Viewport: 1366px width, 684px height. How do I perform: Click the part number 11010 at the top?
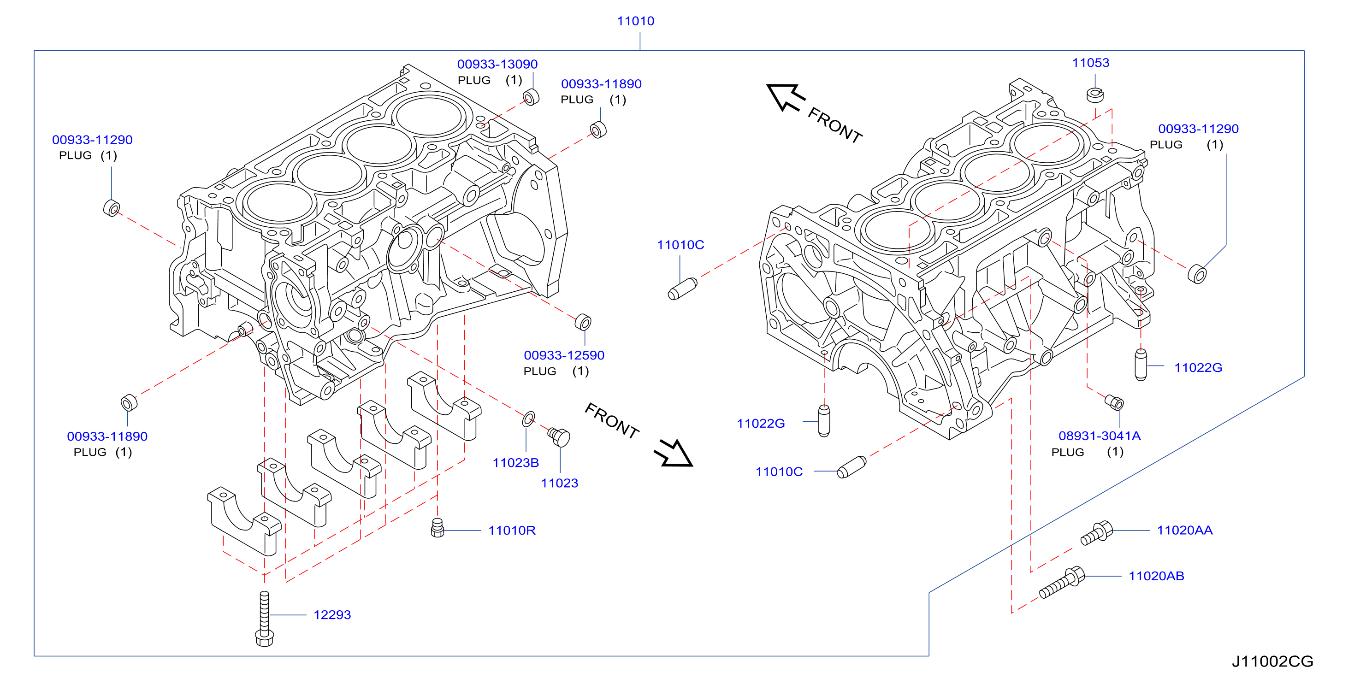click(635, 21)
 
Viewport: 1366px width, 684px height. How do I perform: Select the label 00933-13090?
click(497, 64)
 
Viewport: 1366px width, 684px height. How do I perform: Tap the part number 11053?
click(1090, 63)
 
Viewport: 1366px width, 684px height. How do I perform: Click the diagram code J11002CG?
click(1271, 661)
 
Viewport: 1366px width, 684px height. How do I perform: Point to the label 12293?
click(332, 614)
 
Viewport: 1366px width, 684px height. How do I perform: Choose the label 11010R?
click(512, 530)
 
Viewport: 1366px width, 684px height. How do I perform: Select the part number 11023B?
click(515, 462)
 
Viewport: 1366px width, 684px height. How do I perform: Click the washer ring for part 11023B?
click(528, 419)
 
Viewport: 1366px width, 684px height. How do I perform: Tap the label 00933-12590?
click(564, 355)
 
